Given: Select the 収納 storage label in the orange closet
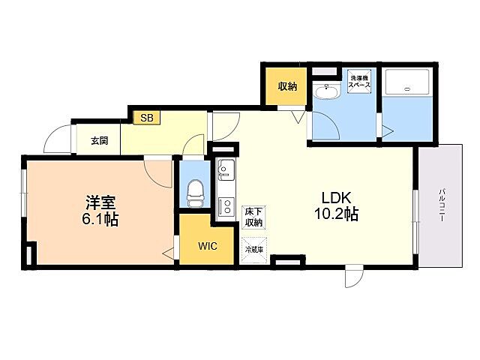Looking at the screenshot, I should point(288,86).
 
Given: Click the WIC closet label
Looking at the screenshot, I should point(208,247).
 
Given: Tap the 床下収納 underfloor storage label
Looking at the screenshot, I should point(253,217).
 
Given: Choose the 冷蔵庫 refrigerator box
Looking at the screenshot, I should point(253,249).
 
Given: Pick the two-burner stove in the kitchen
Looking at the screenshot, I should point(226,205).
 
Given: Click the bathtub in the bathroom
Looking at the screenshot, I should point(408,88).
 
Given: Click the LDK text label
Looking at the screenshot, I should point(336,197).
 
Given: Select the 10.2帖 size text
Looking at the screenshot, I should point(336,214).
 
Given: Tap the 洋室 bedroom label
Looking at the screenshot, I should point(100,202).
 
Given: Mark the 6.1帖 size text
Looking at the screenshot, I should point(100,220).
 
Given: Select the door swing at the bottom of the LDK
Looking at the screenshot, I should point(353,277).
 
